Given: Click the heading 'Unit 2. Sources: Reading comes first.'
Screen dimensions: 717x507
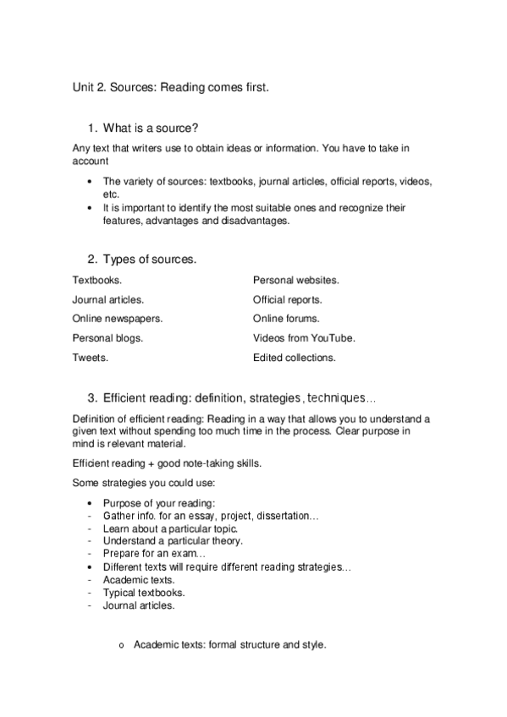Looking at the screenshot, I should point(170,87).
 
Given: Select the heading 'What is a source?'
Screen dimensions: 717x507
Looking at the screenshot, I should point(151,129).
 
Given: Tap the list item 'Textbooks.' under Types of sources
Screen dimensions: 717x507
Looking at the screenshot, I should point(97,279).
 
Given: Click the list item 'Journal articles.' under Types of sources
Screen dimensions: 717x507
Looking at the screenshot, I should point(108,299).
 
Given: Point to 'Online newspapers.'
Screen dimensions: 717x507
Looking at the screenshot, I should point(118,319).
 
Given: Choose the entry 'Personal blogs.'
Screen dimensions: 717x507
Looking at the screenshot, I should point(108,338).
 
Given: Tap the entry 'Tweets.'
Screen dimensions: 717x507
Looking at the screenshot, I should point(91,358).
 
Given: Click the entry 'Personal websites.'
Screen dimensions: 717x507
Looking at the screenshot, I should point(295,279).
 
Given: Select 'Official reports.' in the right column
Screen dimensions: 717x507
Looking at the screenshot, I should point(287,299).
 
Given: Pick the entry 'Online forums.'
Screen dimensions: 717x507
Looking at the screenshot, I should point(286,319).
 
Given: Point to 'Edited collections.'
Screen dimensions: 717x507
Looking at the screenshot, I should point(294,358).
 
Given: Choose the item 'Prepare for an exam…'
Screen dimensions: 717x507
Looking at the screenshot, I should point(142,553).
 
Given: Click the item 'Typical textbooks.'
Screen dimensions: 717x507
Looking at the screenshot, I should point(144,593).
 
